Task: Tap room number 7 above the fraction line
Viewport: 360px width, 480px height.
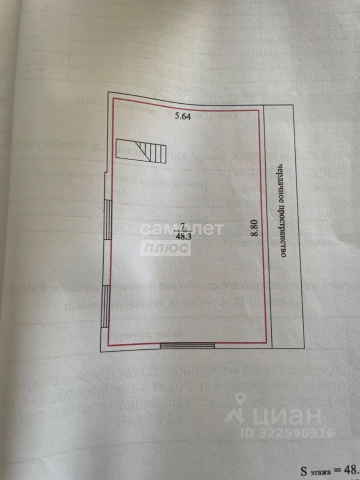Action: tap(183, 226)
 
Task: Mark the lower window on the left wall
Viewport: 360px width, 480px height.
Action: tap(105, 306)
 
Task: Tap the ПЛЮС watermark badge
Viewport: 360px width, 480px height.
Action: tap(165, 248)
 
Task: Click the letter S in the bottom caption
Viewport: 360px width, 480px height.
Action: tap(303, 470)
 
